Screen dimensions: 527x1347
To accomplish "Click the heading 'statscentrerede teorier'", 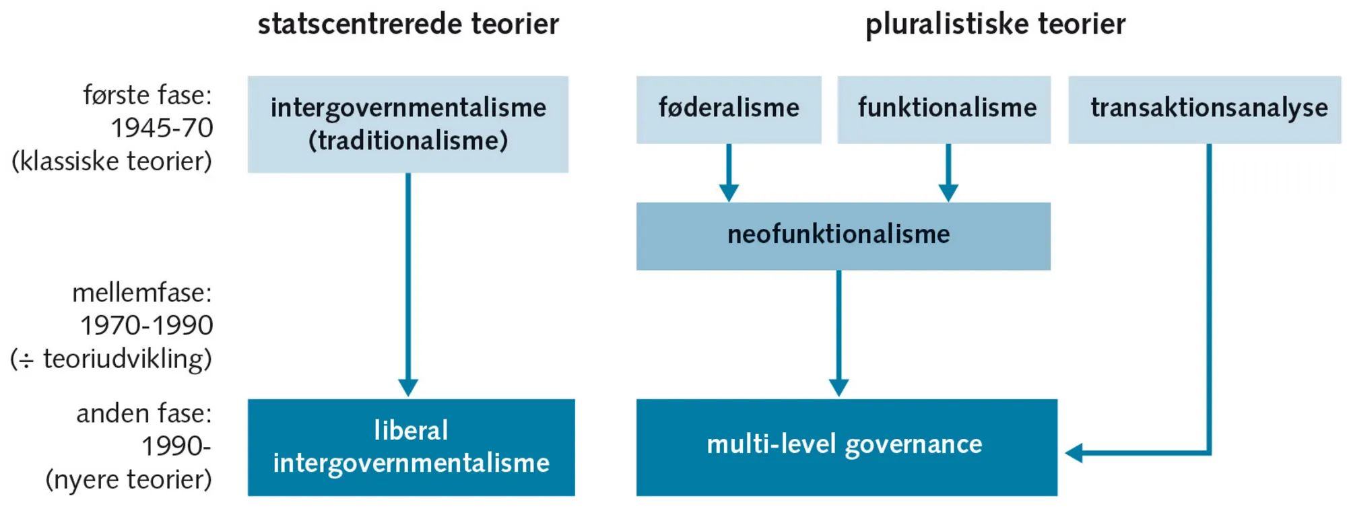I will pos(408,25).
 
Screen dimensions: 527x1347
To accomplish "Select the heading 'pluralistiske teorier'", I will pos(995,25).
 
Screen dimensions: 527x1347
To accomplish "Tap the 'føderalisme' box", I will pos(728,108).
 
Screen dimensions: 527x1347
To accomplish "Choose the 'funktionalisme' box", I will pos(946,108).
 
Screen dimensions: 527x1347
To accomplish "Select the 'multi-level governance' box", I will pos(845,446).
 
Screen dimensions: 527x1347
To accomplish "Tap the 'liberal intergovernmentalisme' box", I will pos(411,447).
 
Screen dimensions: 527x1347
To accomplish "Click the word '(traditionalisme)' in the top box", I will pos(408,141).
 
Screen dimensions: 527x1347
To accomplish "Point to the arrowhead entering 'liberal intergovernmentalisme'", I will pos(408,388).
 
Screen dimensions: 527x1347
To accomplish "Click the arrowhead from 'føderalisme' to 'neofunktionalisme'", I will pos(729,192).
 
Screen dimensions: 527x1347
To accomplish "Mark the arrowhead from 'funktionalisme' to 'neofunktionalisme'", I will pos(948,192).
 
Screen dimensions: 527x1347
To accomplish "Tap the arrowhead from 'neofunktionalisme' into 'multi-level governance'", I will pos(839,388).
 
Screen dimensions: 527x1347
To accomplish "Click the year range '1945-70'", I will pos(162,128).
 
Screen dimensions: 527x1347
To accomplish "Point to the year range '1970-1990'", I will pos(147,326).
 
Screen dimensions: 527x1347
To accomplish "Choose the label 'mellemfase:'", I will pos(142,293).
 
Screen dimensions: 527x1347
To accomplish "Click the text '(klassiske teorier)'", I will pos(112,162).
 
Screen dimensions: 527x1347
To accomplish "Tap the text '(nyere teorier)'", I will pos(129,480).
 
